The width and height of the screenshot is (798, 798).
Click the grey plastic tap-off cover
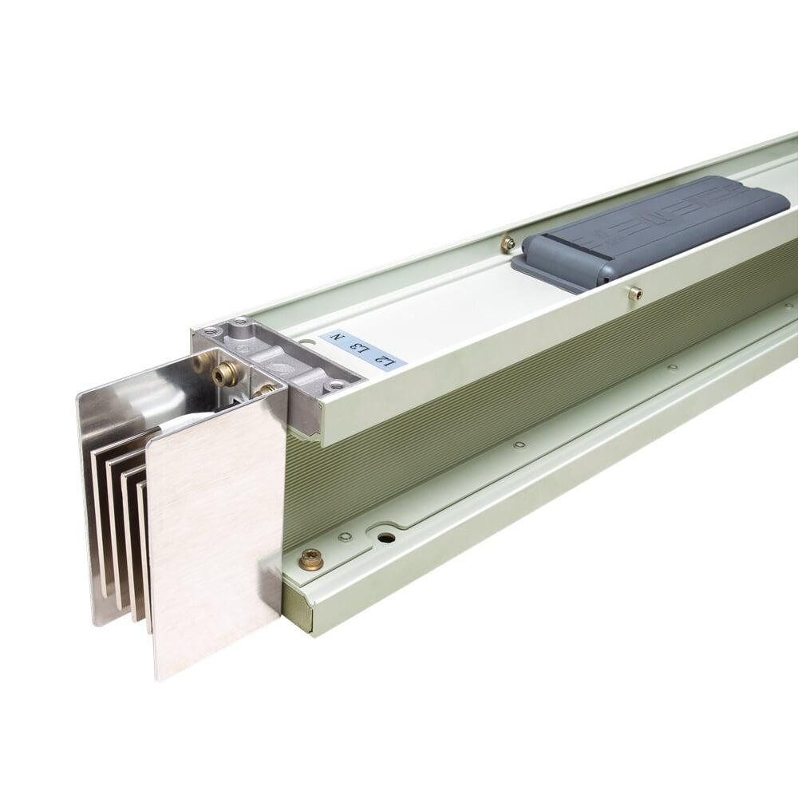coord(654,231)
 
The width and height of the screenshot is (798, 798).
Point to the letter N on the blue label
coord(338,339)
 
